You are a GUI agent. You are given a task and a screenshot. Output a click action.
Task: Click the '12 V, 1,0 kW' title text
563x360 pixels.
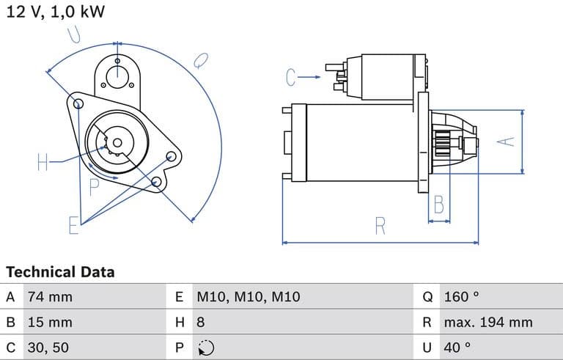point(55,12)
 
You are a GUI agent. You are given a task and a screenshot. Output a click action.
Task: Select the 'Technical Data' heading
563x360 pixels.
point(60,272)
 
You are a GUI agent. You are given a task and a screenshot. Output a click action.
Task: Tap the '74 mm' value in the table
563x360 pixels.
point(50,297)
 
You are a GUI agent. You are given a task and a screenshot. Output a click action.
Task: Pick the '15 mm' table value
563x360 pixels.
point(50,322)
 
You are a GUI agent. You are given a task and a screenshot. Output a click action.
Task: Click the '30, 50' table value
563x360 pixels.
point(48,347)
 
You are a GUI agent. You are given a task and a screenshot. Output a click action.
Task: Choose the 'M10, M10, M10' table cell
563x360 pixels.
point(249,297)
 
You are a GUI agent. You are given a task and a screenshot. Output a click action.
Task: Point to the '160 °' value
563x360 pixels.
point(461,297)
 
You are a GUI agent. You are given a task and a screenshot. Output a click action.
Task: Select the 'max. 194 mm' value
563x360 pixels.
point(487,322)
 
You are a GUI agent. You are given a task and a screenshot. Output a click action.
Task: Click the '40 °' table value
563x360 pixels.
point(457,347)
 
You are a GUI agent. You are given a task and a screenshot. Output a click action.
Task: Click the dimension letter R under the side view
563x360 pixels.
point(380,227)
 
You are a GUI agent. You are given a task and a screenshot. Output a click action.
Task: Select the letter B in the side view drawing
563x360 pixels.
point(438,205)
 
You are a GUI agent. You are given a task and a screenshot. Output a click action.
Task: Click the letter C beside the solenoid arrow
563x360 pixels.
point(291,76)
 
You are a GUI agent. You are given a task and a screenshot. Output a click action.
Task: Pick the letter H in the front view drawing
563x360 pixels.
point(43,162)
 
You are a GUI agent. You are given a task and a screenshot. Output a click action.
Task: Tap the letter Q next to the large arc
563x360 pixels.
point(200,60)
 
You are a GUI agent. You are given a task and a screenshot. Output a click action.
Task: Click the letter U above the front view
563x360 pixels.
point(74,33)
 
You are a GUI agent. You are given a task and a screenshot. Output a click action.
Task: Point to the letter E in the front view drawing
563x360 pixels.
point(73,225)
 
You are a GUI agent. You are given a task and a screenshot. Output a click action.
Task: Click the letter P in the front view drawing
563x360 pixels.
point(94,187)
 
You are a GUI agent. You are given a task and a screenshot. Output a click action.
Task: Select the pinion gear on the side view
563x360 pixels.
point(444,142)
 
